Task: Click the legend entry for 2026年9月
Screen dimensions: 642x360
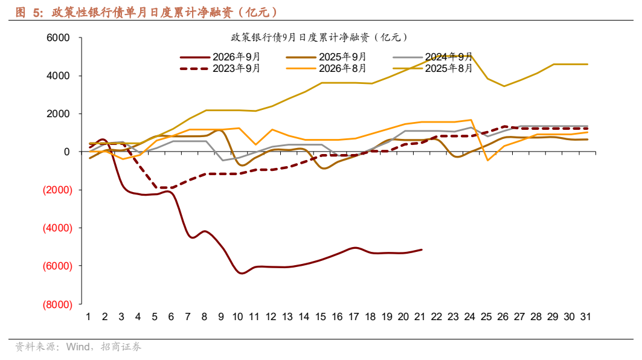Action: (x=220, y=57)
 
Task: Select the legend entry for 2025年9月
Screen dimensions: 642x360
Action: (x=326, y=57)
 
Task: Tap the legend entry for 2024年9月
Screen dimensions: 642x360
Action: (x=433, y=57)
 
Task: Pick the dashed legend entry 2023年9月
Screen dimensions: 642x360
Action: (x=220, y=68)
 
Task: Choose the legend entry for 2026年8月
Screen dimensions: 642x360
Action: (x=326, y=68)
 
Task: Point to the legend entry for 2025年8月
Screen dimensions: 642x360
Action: (x=433, y=68)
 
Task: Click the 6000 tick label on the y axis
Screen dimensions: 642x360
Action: (x=58, y=37)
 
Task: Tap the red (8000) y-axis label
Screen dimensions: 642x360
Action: (x=57, y=304)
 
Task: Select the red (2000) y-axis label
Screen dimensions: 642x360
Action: (x=57, y=190)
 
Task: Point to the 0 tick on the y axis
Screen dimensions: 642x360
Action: (x=67, y=152)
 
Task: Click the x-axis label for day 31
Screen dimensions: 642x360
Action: (x=585, y=317)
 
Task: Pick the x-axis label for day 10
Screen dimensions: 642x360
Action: (x=237, y=317)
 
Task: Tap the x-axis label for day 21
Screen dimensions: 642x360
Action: (x=420, y=317)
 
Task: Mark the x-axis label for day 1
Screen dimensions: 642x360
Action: (x=88, y=317)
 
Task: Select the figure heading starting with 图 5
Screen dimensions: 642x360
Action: (x=147, y=12)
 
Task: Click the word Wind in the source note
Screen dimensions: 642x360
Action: (x=78, y=347)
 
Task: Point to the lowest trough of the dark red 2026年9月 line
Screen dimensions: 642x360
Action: (x=241, y=273)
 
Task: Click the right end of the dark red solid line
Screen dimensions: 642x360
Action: (x=422, y=249)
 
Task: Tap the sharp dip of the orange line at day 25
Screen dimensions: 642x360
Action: (x=487, y=160)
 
